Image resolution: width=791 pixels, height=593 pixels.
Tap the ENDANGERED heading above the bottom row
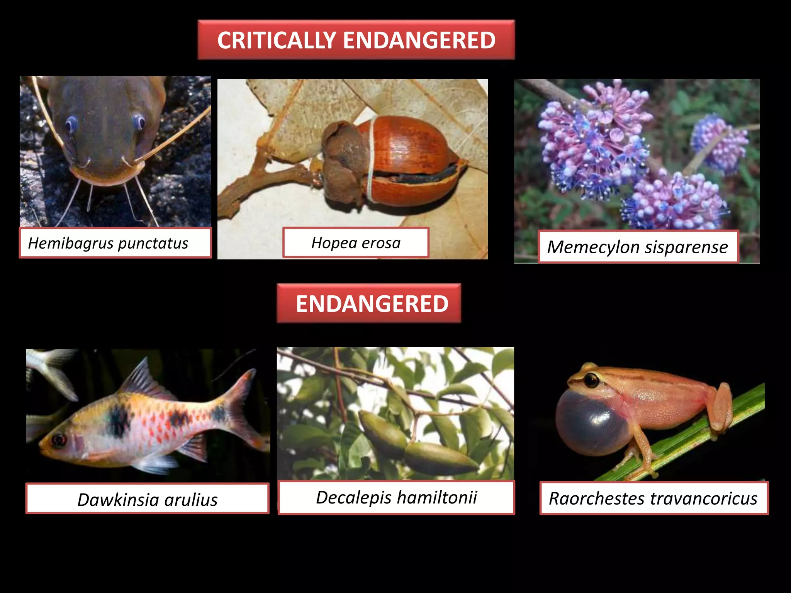(372, 304)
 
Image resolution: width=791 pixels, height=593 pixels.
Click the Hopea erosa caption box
(356, 243)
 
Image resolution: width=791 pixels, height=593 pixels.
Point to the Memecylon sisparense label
(638, 247)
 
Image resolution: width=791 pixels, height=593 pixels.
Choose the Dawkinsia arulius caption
(147, 500)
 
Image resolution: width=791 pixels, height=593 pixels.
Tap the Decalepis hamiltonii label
(396, 497)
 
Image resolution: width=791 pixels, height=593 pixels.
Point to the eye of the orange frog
(591, 380)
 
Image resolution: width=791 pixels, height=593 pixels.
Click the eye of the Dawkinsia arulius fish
(59, 440)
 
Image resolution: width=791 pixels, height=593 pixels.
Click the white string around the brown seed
(371, 162)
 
